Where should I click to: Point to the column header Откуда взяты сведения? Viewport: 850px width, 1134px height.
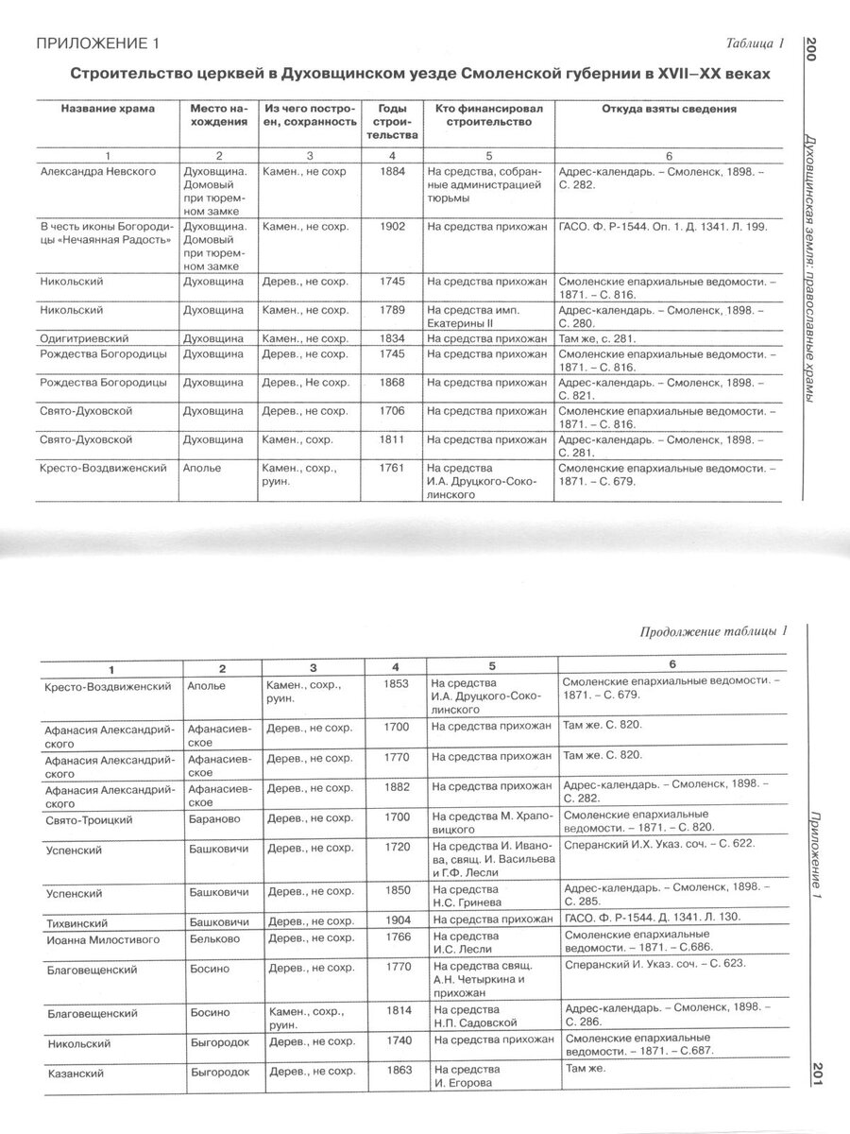pos(669,110)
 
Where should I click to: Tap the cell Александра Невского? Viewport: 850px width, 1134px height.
pos(98,172)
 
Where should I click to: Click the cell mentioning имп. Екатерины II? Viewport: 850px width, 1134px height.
pos(472,316)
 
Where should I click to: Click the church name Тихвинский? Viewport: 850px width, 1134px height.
pos(76,921)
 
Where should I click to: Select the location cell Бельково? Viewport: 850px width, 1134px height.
pos(213,939)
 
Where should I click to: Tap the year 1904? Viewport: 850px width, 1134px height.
pos(399,919)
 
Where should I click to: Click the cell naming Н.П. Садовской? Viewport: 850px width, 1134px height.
pos(476,1019)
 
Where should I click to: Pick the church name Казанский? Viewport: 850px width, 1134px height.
pos(74,1074)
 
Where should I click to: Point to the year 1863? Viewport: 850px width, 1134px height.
pos(399,1071)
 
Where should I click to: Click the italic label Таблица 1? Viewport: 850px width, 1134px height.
pos(755,43)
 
